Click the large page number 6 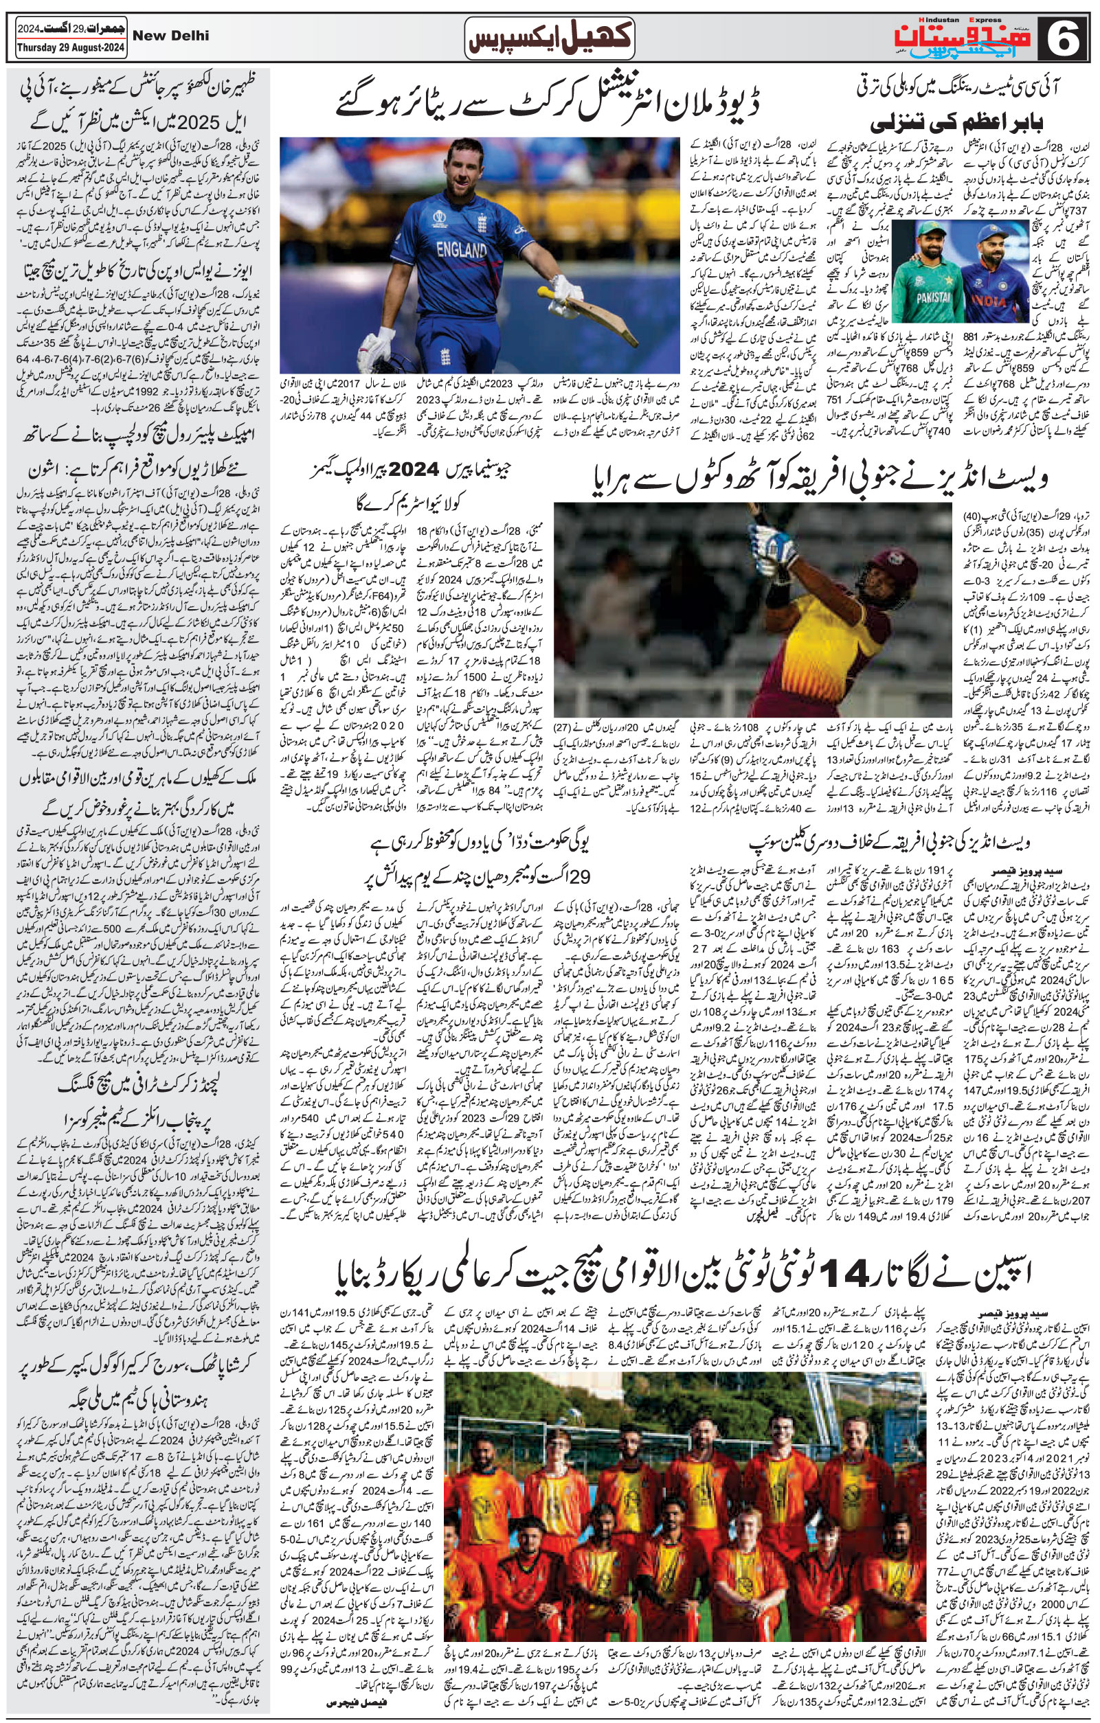click(1064, 38)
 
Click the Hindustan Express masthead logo click(981, 38)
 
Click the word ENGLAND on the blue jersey click(462, 250)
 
